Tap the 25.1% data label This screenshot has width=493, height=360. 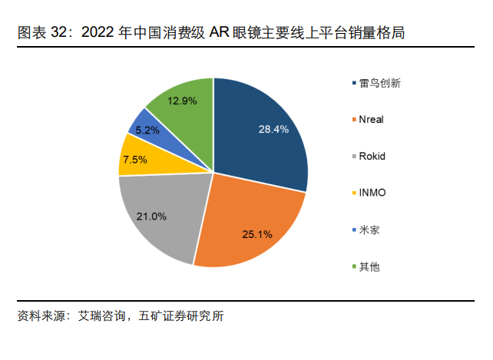pos(257,233)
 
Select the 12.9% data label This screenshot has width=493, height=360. pos(182,101)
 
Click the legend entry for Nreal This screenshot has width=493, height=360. pos(371,120)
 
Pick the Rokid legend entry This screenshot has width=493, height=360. pos(372,157)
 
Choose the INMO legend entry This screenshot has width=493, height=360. pos(372,193)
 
